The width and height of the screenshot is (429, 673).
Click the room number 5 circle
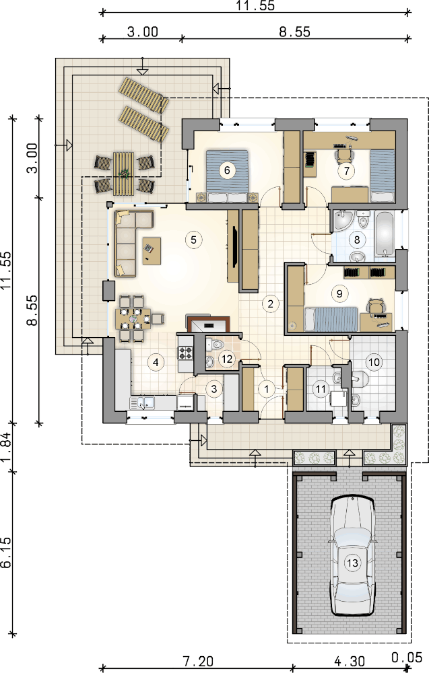(193, 239)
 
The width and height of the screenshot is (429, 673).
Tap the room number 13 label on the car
(353, 563)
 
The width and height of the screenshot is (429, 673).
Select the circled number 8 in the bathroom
(357, 239)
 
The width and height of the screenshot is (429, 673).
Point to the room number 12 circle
(227, 359)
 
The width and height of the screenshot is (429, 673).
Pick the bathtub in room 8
(385, 234)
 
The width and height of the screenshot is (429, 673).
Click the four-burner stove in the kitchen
(186, 353)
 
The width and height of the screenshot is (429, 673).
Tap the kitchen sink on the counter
(143, 402)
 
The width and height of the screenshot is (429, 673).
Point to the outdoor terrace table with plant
(124, 174)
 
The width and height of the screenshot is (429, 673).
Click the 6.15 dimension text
(7, 553)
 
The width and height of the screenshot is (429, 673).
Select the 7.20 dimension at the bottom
(198, 662)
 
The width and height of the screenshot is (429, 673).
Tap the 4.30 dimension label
(350, 662)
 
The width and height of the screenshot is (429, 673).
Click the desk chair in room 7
(342, 154)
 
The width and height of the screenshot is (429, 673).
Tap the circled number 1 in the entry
(267, 389)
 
